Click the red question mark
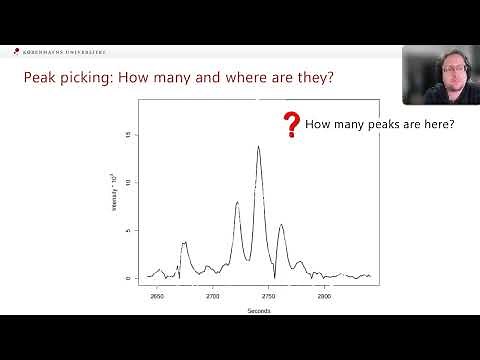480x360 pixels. point(291,125)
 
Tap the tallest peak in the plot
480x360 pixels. point(258,147)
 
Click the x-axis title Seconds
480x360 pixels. point(258,310)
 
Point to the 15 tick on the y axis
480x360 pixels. point(126,135)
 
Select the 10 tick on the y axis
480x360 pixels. point(126,183)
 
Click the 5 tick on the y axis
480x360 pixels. point(126,231)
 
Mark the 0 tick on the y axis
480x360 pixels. point(126,278)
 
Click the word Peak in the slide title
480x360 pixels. point(42,77)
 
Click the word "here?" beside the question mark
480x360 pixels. point(437,124)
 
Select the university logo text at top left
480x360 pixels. point(62,52)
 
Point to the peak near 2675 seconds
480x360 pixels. point(184,243)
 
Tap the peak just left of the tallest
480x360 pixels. point(237,203)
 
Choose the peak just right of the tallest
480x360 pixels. point(281,225)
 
